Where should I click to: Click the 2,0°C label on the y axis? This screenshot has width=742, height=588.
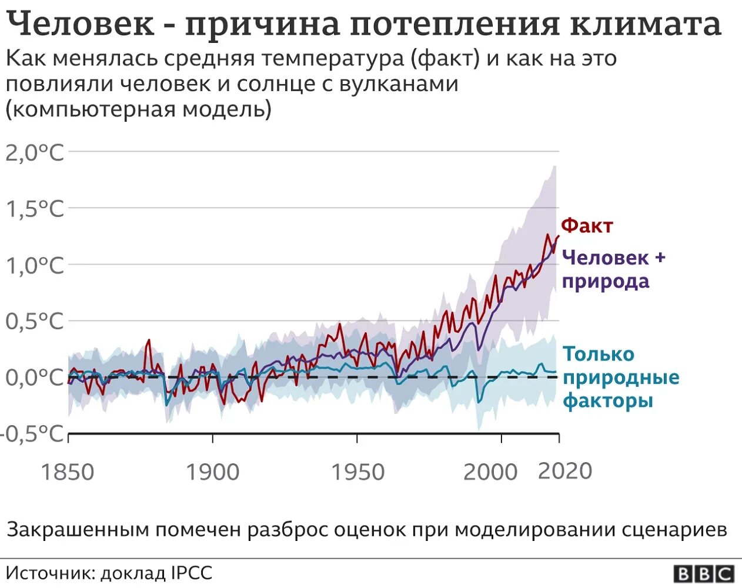[x=34, y=153]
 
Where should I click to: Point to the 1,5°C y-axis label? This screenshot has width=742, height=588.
[x=34, y=209]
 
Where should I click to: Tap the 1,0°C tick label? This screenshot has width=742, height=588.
[x=34, y=266]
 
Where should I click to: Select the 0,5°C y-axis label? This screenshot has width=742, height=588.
[x=34, y=322]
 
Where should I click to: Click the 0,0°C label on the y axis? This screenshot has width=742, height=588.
[x=34, y=377]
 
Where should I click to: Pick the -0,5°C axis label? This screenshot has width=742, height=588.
[x=32, y=434]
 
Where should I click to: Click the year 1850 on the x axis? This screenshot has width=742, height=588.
[x=68, y=472]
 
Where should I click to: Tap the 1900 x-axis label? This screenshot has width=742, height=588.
[x=213, y=472]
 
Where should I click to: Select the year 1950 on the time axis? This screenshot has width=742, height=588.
[x=357, y=472]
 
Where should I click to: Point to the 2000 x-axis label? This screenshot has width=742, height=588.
[x=490, y=472]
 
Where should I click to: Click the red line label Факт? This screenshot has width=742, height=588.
[x=587, y=226]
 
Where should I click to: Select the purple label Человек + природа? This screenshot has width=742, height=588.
[x=613, y=269]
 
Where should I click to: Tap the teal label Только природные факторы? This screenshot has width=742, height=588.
[x=621, y=377]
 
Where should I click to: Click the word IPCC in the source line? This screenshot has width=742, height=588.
[x=192, y=573]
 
